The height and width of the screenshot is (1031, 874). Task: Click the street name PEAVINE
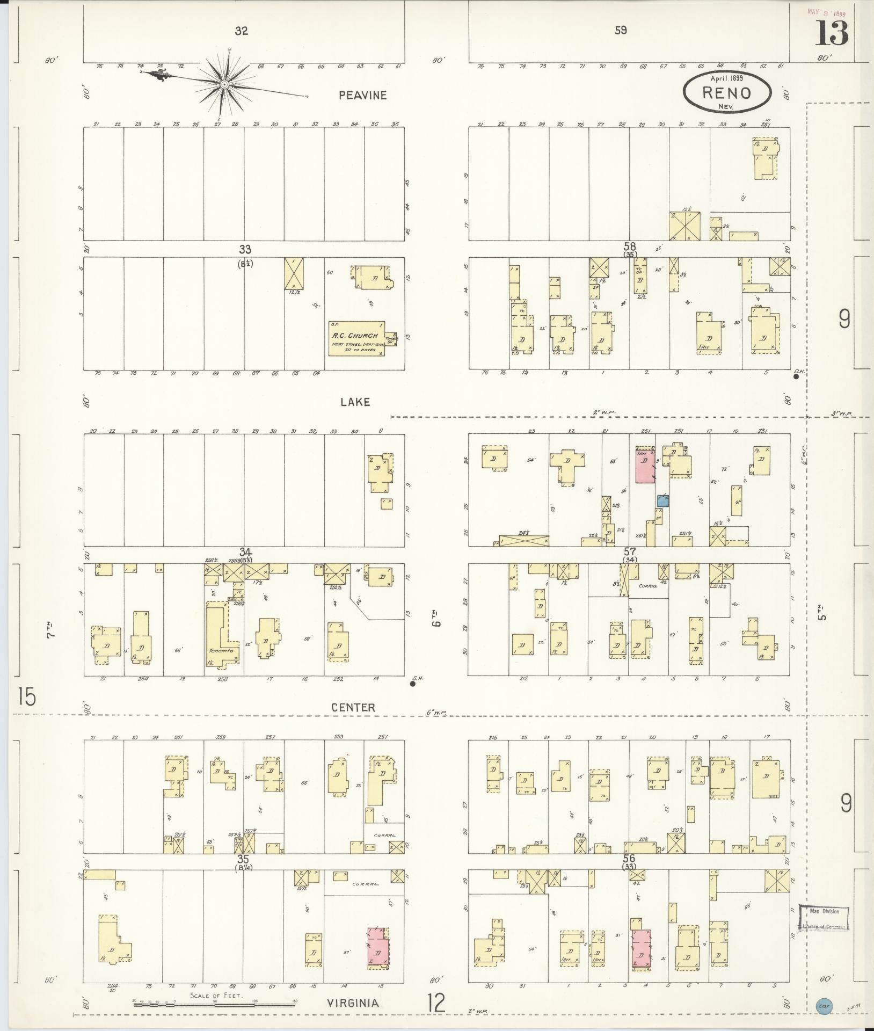(x=362, y=95)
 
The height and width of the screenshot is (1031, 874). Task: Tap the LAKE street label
(x=355, y=402)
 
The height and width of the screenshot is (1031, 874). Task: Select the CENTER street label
(x=353, y=708)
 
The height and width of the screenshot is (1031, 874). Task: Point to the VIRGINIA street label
(x=355, y=1003)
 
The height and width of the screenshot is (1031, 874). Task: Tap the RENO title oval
(x=727, y=93)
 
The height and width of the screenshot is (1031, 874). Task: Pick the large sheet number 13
(x=832, y=33)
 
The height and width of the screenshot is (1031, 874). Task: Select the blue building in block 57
(x=663, y=501)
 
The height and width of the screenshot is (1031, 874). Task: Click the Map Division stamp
(x=824, y=918)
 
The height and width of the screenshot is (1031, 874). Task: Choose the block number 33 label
(x=245, y=249)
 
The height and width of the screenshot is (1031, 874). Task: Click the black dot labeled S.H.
(x=412, y=684)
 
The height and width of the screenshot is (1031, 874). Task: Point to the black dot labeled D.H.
(x=796, y=376)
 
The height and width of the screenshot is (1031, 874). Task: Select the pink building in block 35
(x=378, y=948)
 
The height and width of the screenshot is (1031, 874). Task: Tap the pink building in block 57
(x=645, y=464)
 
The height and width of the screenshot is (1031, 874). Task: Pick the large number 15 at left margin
(x=26, y=696)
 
